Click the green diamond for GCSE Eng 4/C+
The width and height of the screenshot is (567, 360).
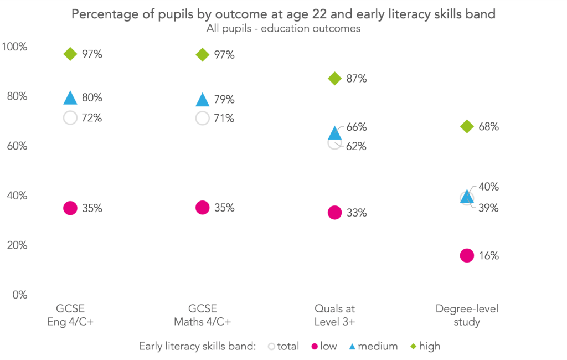click(70, 54)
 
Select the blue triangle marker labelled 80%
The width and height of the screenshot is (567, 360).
click(70, 98)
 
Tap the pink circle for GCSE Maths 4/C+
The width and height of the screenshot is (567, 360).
click(202, 208)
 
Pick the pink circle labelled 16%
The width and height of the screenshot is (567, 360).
click(467, 255)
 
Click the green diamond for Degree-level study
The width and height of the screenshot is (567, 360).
click(467, 126)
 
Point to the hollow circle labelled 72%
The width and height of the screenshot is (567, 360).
click(70, 117)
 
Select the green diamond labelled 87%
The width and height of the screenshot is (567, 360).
click(334, 78)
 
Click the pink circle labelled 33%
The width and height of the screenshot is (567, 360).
click(334, 212)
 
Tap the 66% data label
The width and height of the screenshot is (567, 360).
click(357, 127)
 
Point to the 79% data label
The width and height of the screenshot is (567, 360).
click(224, 100)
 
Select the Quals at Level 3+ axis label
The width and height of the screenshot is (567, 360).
click(334, 315)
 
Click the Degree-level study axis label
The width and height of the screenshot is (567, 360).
click(467, 315)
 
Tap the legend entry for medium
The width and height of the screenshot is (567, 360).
click(372, 346)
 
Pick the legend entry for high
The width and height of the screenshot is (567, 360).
click(424, 346)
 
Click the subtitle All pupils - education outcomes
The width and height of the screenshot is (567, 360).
click(283, 29)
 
